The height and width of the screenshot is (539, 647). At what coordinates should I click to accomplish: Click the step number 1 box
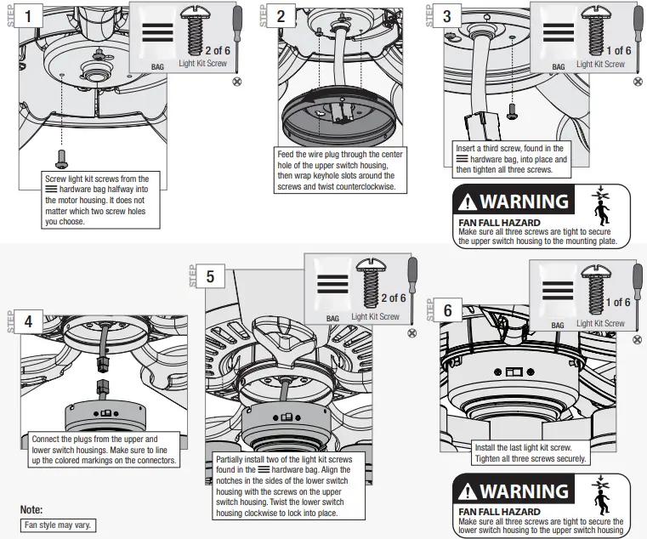[x=31, y=16]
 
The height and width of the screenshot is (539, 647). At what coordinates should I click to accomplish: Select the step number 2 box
[x=281, y=16]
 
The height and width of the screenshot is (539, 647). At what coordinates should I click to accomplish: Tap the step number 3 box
[x=447, y=16]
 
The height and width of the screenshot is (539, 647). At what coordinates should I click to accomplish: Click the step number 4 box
[x=29, y=321]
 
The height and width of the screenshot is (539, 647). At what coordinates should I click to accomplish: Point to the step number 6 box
[x=448, y=309]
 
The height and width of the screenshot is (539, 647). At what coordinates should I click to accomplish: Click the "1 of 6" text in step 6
[x=618, y=302]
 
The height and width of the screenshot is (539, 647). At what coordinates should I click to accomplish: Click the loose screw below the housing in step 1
[x=62, y=158]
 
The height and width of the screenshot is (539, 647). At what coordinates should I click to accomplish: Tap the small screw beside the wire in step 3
[x=513, y=111]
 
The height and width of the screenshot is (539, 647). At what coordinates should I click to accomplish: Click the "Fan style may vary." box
[x=58, y=525]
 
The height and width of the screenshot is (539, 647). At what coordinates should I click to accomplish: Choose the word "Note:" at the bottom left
[x=31, y=510]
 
